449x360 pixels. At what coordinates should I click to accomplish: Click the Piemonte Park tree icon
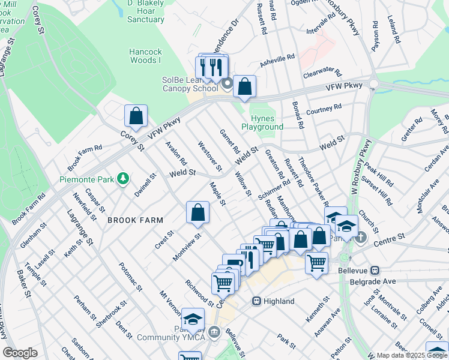[x=123, y=178]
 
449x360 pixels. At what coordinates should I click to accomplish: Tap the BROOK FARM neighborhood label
[x=135, y=221]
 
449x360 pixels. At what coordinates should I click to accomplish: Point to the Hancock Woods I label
[x=145, y=56]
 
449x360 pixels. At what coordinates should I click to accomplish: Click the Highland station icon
[x=256, y=301]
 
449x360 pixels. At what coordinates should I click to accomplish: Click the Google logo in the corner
[x=20, y=353]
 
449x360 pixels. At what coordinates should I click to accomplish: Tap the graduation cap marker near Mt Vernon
[x=193, y=319]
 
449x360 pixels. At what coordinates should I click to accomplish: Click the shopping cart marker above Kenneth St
[x=316, y=261]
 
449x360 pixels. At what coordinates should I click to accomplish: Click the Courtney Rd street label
[x=324, y=109]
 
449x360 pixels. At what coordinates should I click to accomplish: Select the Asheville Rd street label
[x=277, y=58]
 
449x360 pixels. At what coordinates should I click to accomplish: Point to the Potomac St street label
[x=130, y=277]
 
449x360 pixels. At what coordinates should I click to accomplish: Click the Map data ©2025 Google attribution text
[x=412, y=355]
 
